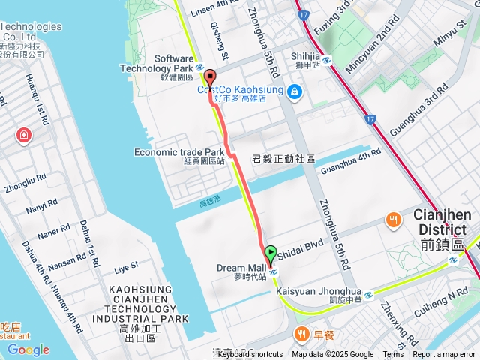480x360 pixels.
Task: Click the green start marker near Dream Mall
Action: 271,253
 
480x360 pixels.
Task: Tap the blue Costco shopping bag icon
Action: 295,91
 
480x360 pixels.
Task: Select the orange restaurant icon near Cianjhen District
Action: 393,220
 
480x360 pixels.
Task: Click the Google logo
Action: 28,349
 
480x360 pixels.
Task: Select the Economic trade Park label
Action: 179,152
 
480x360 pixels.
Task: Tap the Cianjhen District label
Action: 442,222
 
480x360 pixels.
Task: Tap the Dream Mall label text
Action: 241,268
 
